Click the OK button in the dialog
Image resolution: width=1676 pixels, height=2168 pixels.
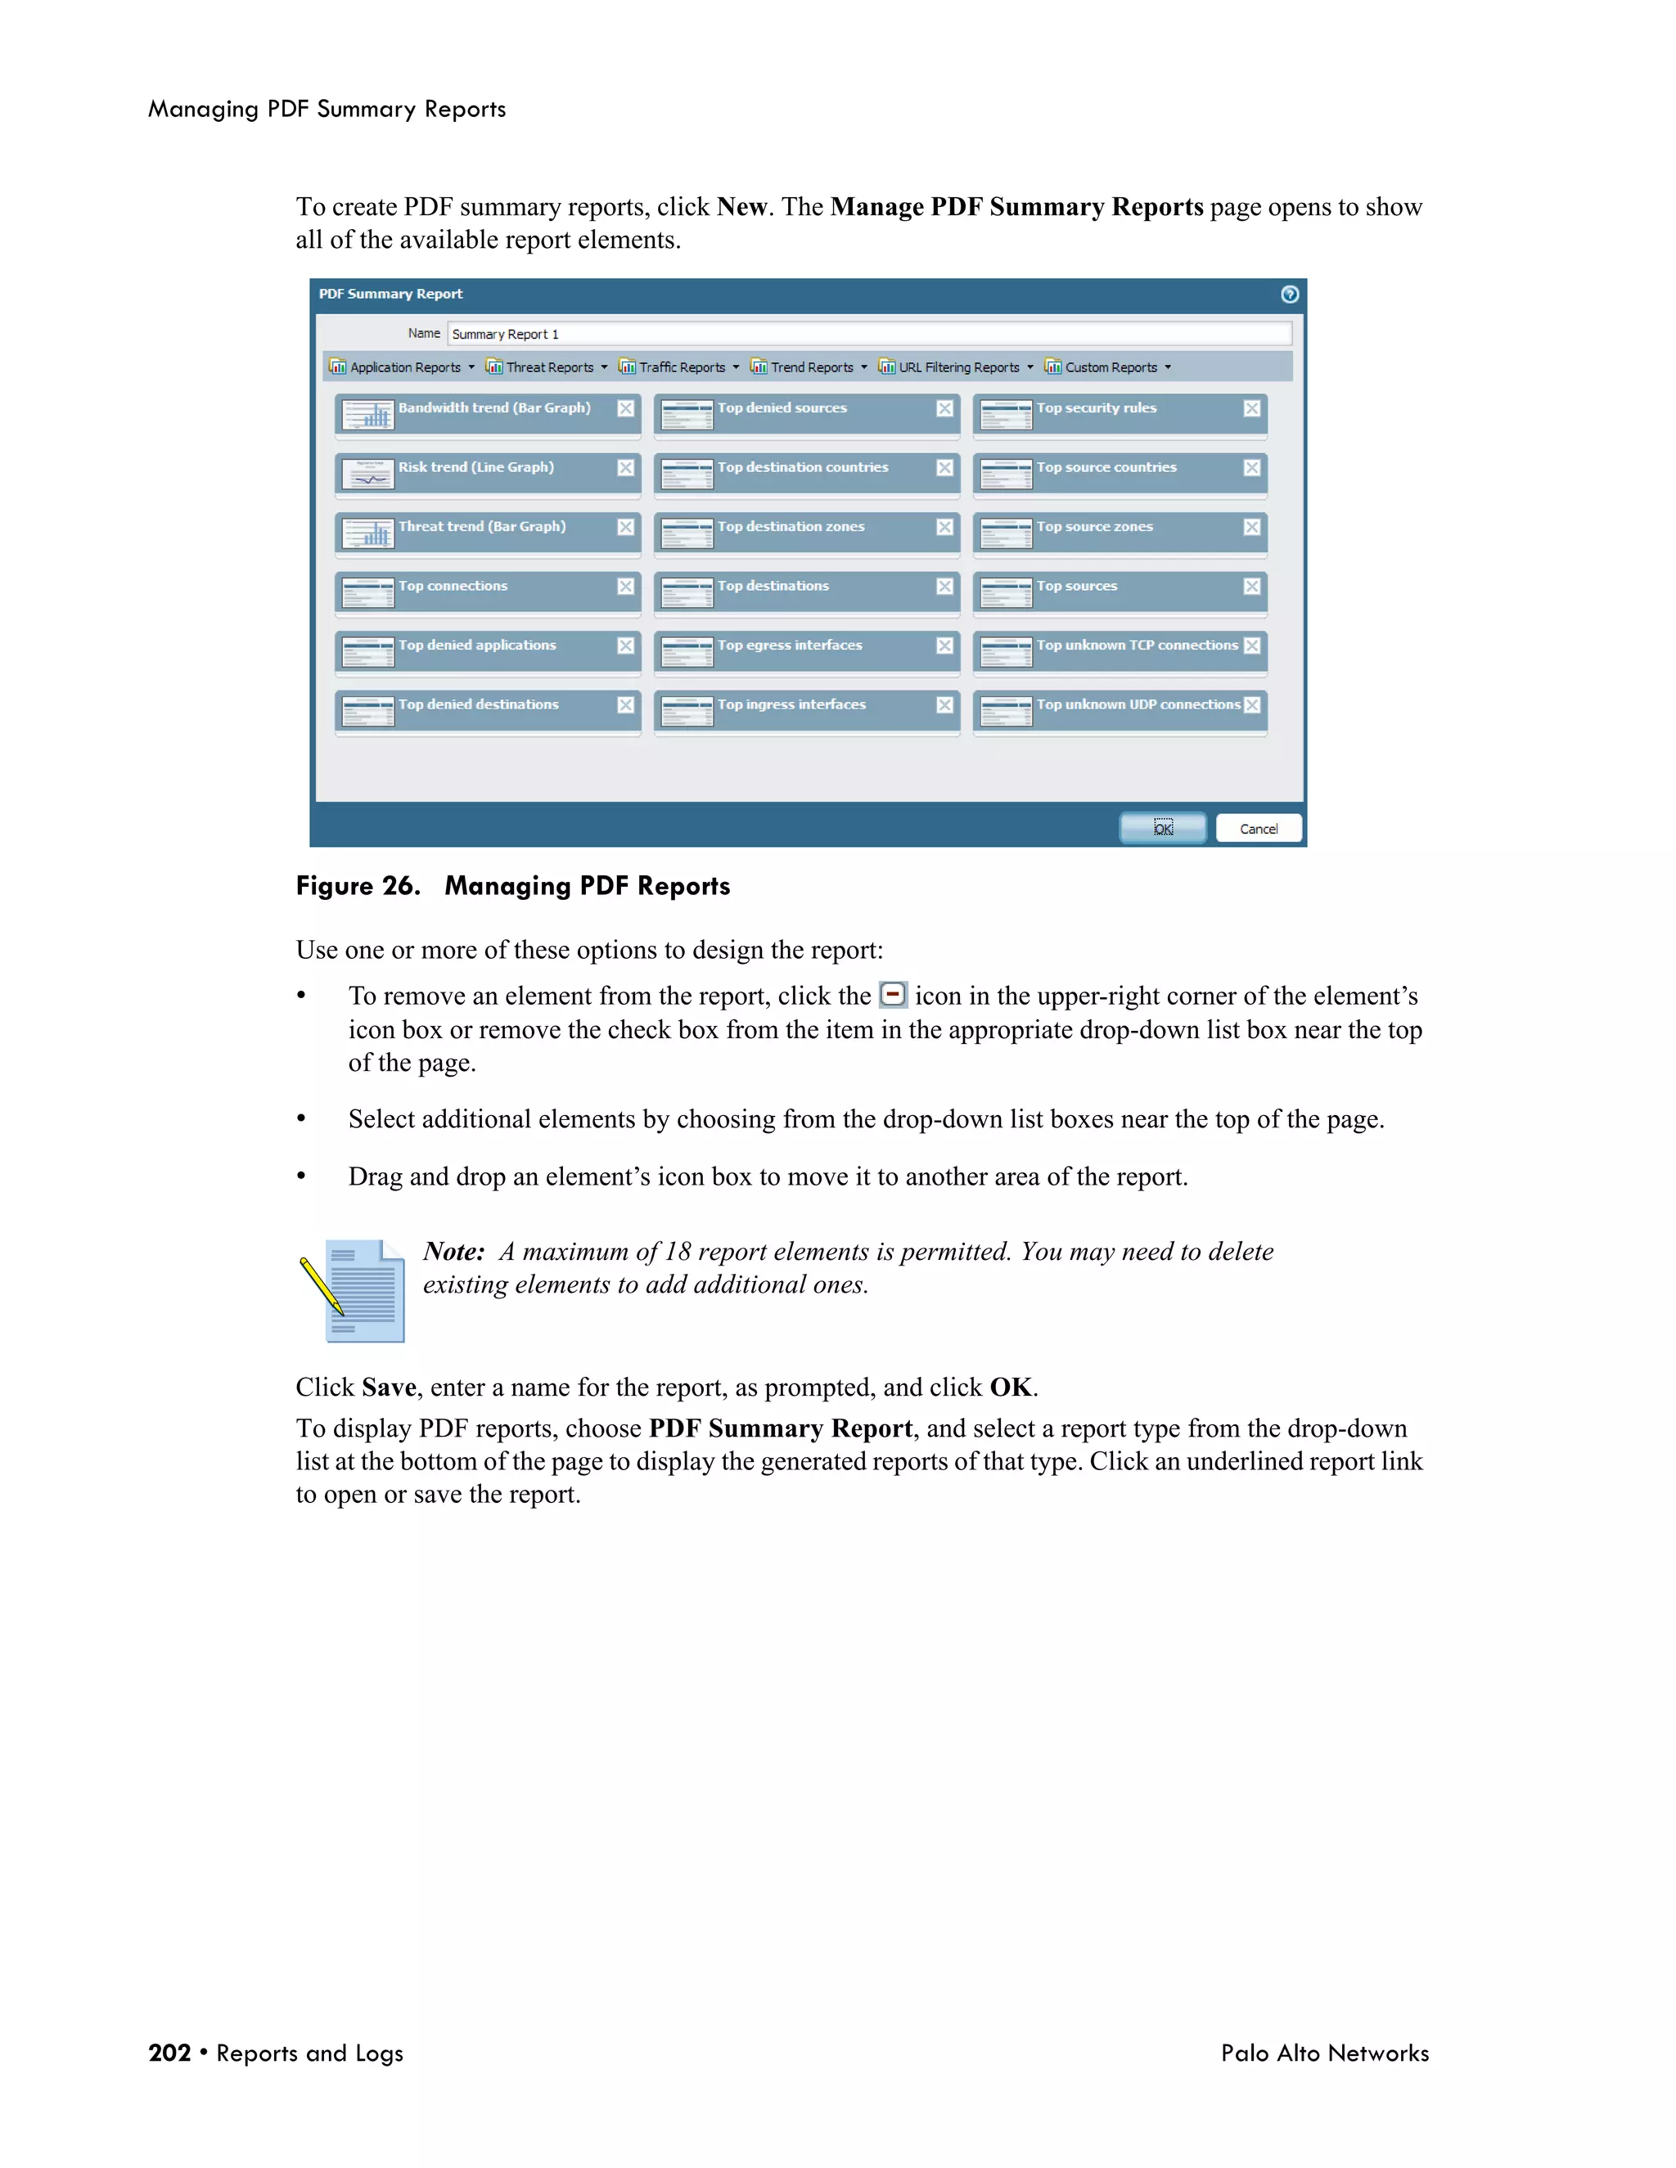coord(1163,828)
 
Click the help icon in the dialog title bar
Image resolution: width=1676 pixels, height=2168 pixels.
coord(1289,294)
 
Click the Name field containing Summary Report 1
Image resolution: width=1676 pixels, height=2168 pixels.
coord(869,334)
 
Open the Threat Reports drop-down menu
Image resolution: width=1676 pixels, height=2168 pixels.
coord(547,367)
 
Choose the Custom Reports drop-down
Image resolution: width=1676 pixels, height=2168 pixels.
coord(1109,367)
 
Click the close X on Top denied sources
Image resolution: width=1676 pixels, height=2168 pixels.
coord(944,408)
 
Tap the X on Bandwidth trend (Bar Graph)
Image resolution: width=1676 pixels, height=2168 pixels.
coord(625,408)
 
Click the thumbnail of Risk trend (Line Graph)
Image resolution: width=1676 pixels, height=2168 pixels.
coord(368,475)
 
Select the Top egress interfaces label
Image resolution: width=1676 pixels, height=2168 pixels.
coord(790,645)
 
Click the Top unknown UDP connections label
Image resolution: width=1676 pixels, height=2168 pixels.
coord(1138,704)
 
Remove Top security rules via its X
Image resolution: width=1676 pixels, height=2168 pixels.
coord(1251,408)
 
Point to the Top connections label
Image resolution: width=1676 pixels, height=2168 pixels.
coord(453,586)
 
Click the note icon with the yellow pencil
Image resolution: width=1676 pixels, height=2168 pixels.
coord(354,1289)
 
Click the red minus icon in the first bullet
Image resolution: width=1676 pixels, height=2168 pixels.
coord(893,995)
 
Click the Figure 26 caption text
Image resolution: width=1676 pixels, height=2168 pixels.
coord(512,885)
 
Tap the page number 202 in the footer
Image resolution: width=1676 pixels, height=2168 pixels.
coord(169,2053)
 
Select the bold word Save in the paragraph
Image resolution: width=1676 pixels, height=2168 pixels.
coord(388,1387)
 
